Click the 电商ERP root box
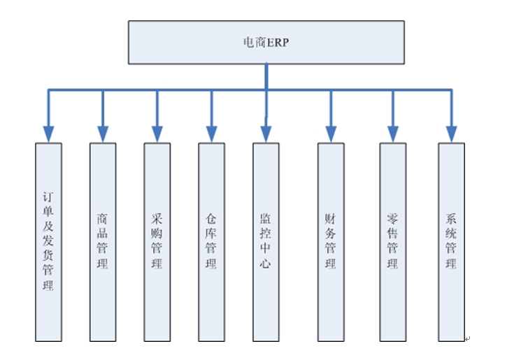point(266,43)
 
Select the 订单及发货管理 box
point(48,242)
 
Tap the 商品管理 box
point(102,242)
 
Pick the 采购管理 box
point(157,242)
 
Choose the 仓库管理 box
point(210,242)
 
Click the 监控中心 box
point(265,242)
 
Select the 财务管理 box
point(330,242)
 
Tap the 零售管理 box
point(392,242)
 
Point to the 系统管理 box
point(451,242)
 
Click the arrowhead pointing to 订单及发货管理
point(48,134)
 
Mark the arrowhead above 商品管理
point(102,134)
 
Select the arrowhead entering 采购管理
point(157,134)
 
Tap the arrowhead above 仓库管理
point(210,134)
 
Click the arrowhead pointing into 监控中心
point(265,134)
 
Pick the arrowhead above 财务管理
point(330,134)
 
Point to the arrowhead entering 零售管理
point(392,134)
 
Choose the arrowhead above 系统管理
point(451,134)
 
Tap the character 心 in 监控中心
point(265,264)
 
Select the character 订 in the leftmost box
point(48,198)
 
